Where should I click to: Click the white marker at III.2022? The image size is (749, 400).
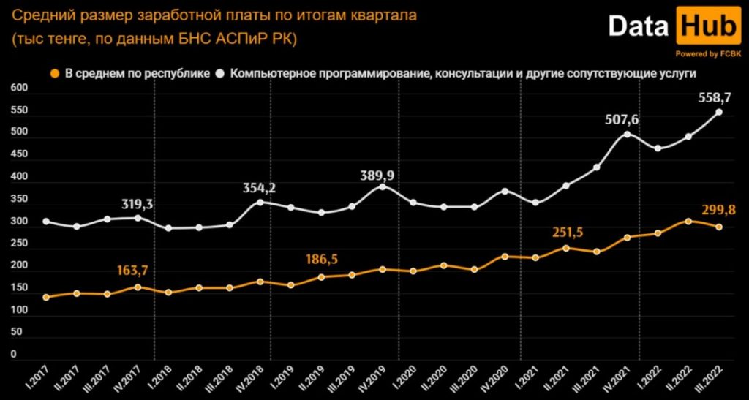719,112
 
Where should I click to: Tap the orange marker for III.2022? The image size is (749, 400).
719,227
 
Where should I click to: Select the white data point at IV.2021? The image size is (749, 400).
627,134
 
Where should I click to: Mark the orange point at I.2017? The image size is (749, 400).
46,297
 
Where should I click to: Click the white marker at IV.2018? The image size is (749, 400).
260,202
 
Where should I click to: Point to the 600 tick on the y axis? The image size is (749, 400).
19,88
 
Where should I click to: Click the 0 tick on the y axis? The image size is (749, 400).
13,355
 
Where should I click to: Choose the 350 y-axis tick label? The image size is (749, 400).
19,199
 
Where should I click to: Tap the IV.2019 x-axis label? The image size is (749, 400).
376,379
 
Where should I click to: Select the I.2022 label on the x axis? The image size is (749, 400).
652,379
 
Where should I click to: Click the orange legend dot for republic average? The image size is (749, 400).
54,73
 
